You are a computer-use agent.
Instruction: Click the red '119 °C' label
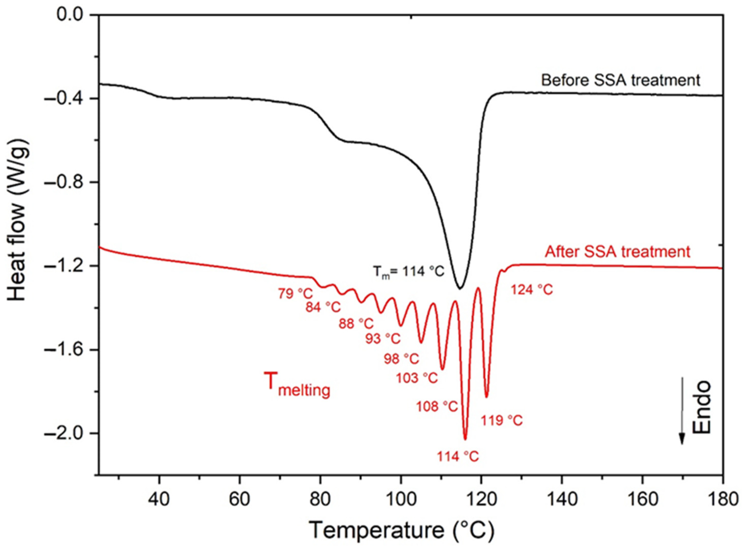point(501,421)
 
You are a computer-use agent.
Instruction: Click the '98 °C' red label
point(401,359)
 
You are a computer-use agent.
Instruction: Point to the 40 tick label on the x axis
point(159,499)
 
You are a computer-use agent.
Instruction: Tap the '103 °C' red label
point(417,377)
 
